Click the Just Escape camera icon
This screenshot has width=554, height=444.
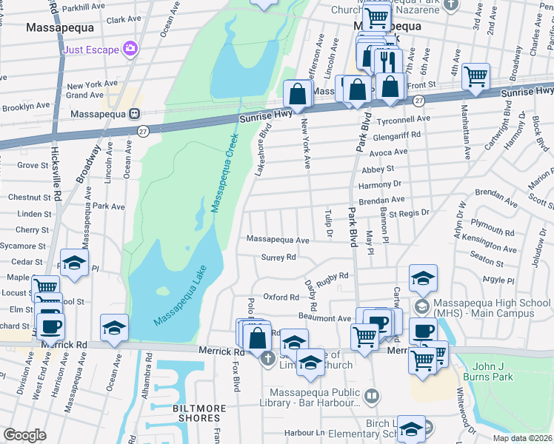(131, 49)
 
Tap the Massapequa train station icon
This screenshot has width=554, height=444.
(135, 115)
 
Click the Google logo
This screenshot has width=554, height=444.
(25, 435)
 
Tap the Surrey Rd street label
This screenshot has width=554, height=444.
(278, 258)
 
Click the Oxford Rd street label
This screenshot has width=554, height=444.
(281, 297)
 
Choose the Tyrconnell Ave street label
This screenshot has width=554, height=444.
(404, 118)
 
